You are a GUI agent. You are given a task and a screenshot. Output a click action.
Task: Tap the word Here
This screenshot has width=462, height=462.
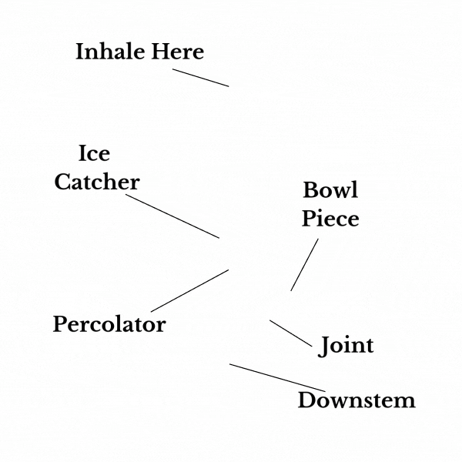[177, 52]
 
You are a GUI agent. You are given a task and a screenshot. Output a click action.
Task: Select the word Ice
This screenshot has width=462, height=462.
[94, 154]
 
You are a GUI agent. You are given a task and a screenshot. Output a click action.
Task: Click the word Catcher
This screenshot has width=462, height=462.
[97, 182]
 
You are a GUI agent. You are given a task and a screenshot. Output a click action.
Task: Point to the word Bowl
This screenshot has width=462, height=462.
[330, 190]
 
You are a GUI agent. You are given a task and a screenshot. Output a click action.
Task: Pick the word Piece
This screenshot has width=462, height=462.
[330, 219]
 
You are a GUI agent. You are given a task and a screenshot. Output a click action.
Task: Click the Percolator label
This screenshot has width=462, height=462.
[109, 325]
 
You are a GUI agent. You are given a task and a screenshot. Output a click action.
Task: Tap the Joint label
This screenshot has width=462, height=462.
[346, 346]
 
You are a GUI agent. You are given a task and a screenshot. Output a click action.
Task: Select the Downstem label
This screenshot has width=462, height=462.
[357, 400]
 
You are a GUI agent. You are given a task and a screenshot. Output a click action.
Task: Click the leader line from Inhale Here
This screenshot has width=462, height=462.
[200, 78]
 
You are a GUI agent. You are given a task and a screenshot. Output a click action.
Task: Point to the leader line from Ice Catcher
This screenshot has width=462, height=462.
[172, 216]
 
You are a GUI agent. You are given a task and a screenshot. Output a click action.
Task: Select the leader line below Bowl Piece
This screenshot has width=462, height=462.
[304, 265]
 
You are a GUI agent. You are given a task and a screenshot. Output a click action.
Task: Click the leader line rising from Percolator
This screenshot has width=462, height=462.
[189, 291]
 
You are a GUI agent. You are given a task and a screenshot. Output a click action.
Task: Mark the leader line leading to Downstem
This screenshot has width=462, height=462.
[277, 377]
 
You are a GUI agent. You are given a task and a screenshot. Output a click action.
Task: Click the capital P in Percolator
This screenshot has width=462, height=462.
[59, 324]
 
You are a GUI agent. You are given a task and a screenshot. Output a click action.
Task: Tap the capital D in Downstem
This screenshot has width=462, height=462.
[305, 400]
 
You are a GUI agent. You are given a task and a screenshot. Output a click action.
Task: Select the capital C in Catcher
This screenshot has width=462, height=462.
[62, 182]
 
